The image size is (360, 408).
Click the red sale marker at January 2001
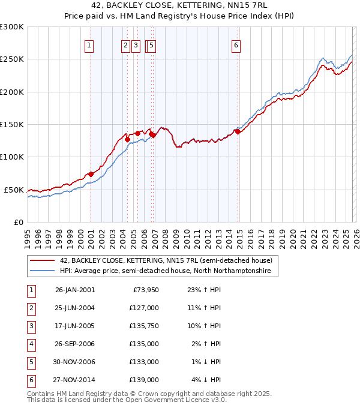tap(91, 174)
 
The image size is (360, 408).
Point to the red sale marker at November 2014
tap(238, 131)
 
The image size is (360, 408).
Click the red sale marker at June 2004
tap(127, 139)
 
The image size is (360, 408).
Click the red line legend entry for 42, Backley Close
tap(166, 260)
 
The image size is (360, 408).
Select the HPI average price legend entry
tap(165, 271)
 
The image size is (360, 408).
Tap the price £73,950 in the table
tap(145, 290)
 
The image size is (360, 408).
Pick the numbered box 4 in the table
tap(31, 344)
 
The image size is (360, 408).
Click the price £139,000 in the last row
tap(145, 380)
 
